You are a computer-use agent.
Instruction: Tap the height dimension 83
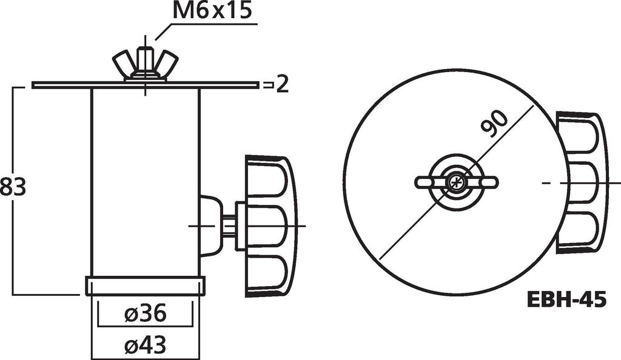[x=13, y=187]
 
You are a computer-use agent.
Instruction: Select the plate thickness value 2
[x=281, y=85]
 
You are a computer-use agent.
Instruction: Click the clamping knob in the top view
[x=580, y=182]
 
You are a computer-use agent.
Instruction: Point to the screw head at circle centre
[x=456, y=182]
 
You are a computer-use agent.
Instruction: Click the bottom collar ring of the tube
[x=145, y=285]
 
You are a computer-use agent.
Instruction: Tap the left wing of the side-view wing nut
[x=123, y=62]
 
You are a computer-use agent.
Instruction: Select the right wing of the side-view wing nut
[x=167, y=62]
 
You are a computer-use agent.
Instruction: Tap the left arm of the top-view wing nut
[x=429, y=182]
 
